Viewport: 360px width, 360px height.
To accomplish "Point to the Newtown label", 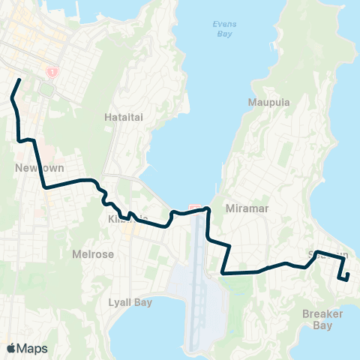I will point(31,169).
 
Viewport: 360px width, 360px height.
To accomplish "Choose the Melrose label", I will point(93,254).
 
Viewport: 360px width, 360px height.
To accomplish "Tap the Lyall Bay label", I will point(130,303).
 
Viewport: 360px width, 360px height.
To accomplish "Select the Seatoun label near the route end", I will point(328,256).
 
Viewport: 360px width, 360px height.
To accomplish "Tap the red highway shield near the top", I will point(52,73).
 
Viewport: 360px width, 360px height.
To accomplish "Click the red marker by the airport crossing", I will point(194,208).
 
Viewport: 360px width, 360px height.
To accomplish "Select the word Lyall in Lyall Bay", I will point(121,303).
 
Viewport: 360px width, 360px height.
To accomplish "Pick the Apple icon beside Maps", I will point(11,348).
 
